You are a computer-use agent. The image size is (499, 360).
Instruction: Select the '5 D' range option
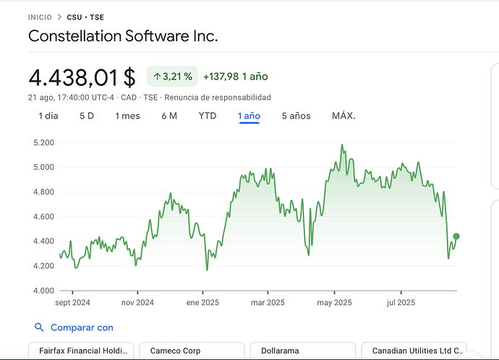pos(87,116)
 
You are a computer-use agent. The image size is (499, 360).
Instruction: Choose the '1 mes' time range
pos(127,116)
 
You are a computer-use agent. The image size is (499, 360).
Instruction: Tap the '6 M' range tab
pos(169,116)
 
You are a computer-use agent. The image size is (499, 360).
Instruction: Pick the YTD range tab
pos(208,116)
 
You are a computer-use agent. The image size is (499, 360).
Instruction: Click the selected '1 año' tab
pos(249,116)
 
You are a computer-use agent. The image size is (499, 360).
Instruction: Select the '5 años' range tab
pos(296,116)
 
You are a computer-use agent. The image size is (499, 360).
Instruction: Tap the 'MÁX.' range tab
pos(344,116)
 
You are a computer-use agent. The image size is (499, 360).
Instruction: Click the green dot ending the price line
pos(456,236)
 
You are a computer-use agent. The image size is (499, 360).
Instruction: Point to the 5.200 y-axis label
pos(45,142)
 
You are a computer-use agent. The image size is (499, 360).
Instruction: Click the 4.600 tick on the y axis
pos(45,217)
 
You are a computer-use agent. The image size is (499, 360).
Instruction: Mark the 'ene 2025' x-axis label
pos(202,303)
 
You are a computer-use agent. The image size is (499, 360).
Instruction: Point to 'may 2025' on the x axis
pos(334,303)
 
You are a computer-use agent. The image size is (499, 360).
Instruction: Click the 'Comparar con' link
pos(82,327)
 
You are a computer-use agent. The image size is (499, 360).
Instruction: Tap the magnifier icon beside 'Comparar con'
pos(39,327)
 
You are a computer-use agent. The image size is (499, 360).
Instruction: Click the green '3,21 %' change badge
pos(172,76)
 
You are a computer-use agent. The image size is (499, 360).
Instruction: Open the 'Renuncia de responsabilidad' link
pos(217,98)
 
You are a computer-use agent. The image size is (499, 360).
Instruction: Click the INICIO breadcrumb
pos(40,17)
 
